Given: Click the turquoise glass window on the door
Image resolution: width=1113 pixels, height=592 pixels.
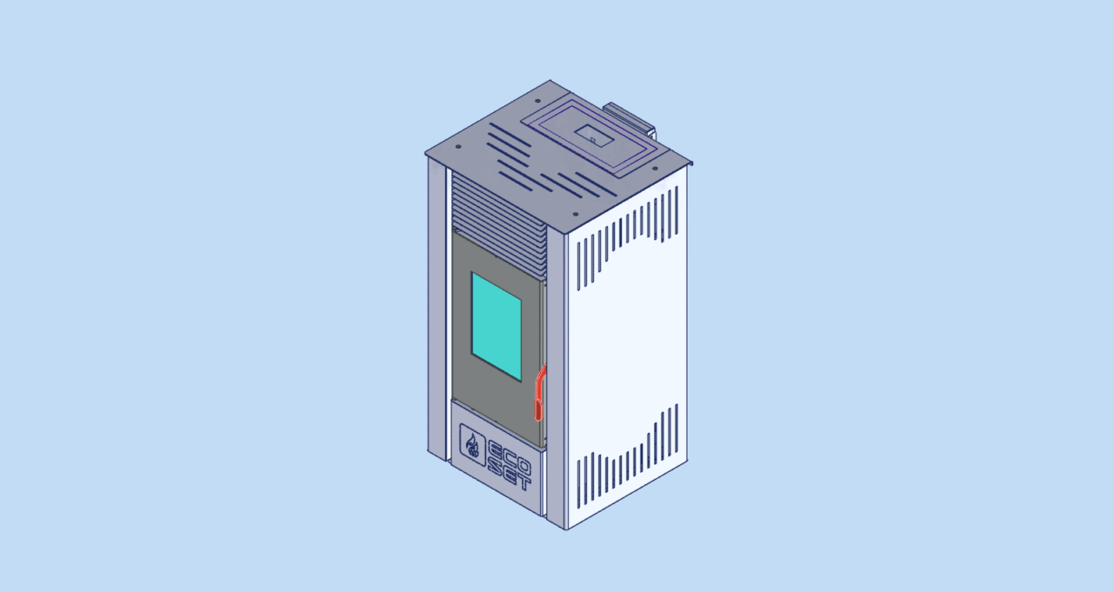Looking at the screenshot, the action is click(497, 327).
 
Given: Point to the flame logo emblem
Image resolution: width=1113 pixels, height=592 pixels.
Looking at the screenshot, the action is click(472, 444).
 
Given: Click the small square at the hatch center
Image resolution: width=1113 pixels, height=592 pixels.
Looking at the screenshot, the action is click(593, 140).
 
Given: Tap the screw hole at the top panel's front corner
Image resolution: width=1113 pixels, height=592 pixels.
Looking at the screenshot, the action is click(576, 215).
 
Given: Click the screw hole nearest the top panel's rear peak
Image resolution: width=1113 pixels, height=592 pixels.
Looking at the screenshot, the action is click(537, 101).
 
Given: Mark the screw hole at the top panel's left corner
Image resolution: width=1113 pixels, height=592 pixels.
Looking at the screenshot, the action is click(458, 147).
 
